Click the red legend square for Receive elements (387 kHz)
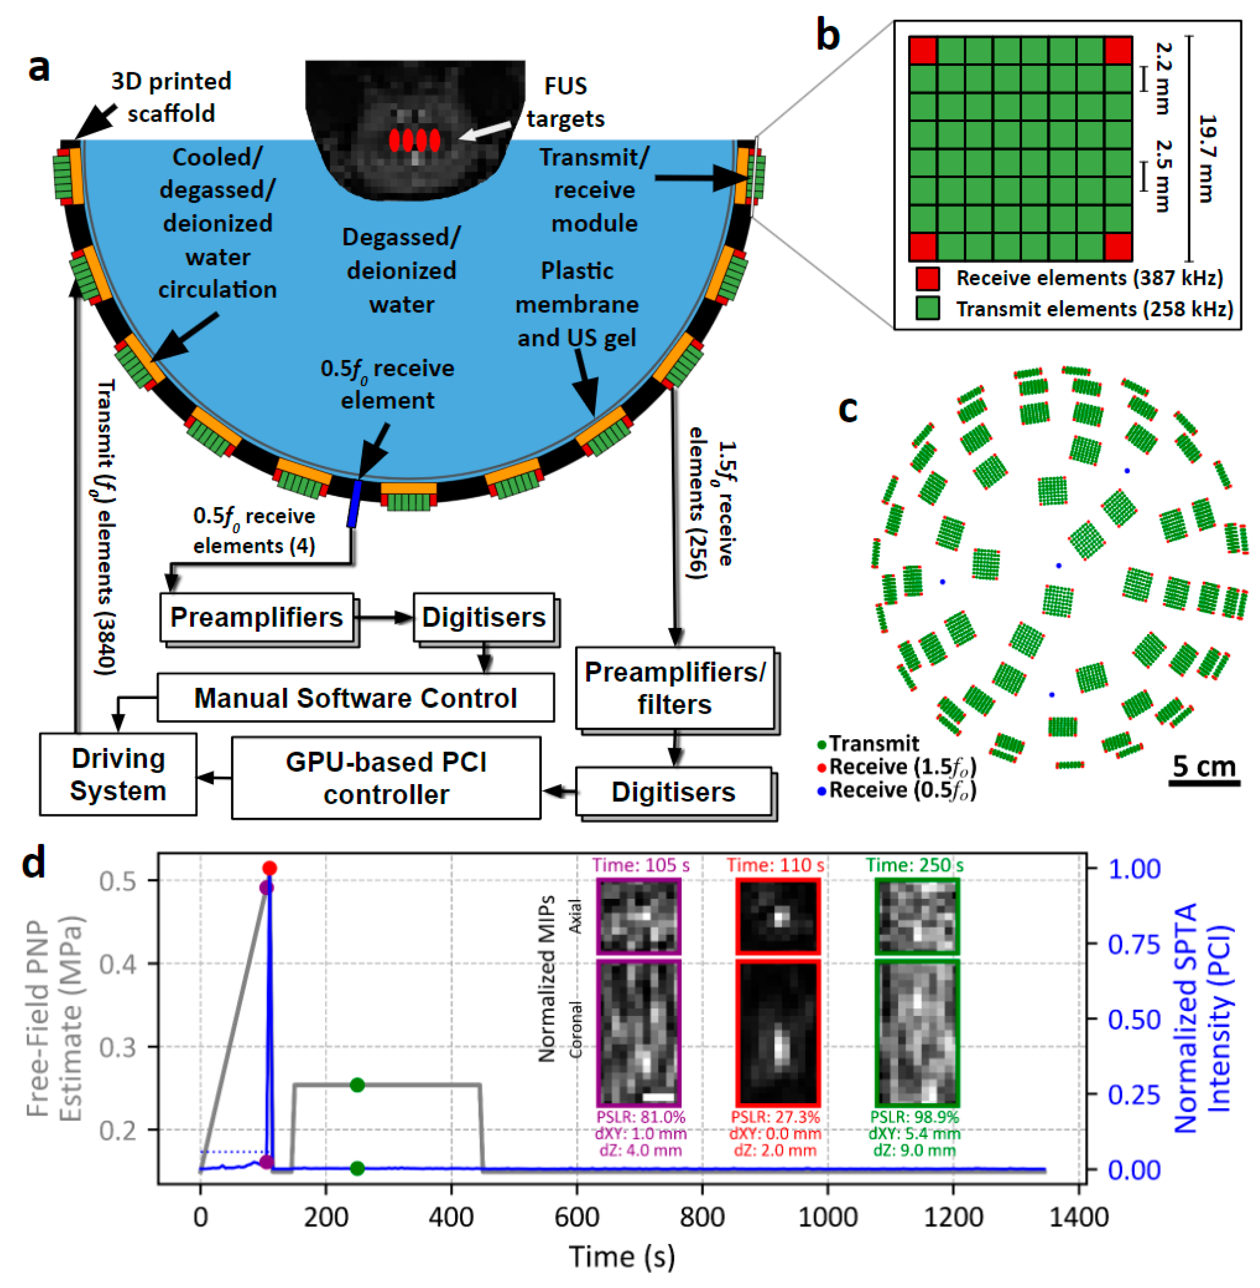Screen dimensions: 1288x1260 [x=928, y=279]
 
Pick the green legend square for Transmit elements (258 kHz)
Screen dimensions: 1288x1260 [x=928, y=309]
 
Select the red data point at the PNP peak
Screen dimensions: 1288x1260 [x=269, y=868]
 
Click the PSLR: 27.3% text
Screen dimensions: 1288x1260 [x=775, y=1117]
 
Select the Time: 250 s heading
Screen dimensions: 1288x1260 [x=915, y=865]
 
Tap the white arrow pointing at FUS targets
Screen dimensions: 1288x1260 [x=485, y=130]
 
